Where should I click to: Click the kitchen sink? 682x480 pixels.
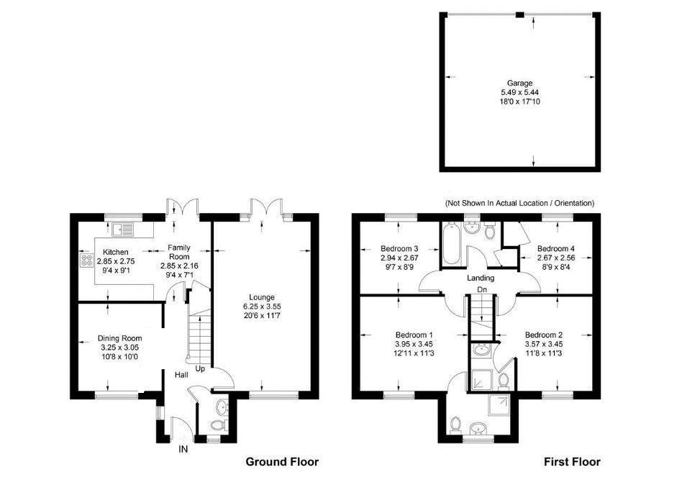123,230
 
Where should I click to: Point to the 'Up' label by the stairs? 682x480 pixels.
201,368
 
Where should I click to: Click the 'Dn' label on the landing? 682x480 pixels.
481,291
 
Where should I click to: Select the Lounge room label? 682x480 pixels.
261,297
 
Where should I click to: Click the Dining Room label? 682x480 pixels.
120,338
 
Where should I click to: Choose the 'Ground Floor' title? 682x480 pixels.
282,461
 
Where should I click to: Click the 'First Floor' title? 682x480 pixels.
573,461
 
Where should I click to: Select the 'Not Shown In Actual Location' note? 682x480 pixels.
519,204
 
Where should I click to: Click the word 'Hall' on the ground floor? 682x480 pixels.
182,375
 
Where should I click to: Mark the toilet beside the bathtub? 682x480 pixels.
490,231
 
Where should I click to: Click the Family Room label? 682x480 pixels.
178,252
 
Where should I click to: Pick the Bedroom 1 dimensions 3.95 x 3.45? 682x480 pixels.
415,344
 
